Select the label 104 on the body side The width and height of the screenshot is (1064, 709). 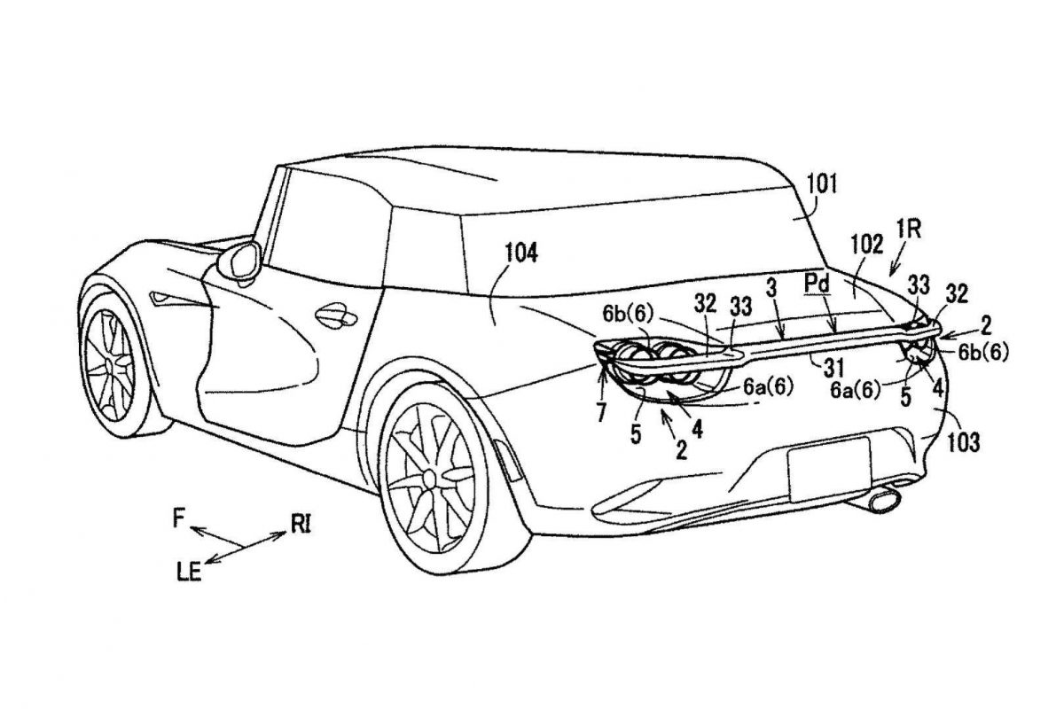point(521,253)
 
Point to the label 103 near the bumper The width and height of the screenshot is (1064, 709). point(964,443)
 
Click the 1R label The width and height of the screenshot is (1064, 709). point(908,230)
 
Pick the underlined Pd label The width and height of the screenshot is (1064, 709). point(818,284)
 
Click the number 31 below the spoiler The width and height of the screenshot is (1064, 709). point(833,367)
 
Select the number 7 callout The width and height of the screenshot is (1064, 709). point(601,413)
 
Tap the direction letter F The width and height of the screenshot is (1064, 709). point(178,518)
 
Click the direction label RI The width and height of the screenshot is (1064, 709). point(301,526)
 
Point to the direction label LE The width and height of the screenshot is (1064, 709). point(190,573)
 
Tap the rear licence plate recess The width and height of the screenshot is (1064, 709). point(829,469)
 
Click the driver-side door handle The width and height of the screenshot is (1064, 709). point(336,315)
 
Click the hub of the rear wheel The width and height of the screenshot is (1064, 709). point(429,478)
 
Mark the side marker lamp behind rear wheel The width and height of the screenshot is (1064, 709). point(506,460)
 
